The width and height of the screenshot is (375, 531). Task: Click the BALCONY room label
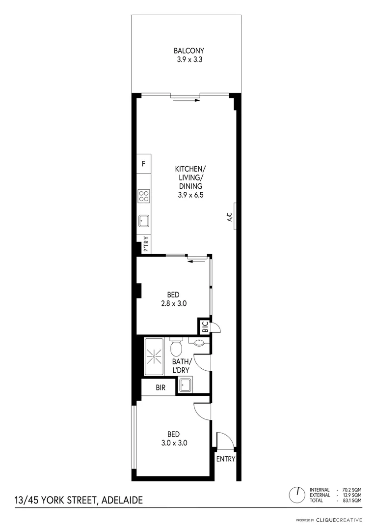click(189, 51)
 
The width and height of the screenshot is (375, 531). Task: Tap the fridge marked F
click(143, 163)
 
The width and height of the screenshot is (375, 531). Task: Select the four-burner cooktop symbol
click(144, 196)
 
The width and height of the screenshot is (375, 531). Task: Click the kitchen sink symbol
click(144, 221)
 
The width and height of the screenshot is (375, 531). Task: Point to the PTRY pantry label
click(145, 244)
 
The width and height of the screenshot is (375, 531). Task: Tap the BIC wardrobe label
click(205, 326)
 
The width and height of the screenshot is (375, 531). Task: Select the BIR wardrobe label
click(161, 387)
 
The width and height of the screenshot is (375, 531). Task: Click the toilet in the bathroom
click(176, 348)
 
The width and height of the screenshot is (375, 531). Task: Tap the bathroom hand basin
click(199, 342)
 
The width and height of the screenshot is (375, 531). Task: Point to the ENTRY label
click(226, 459)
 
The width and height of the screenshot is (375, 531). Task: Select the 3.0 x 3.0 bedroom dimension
click(174, 442)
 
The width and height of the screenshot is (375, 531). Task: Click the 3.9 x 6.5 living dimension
click(190, 195)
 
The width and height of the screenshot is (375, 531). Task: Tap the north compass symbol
click(297, 495)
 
